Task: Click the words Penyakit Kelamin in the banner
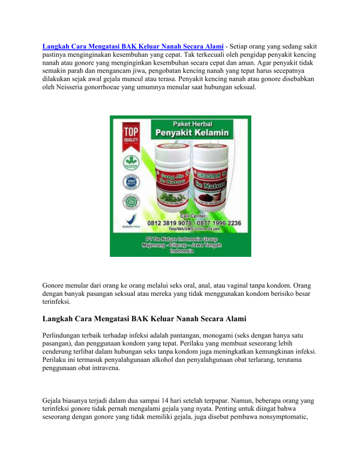[x=193, y=133]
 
